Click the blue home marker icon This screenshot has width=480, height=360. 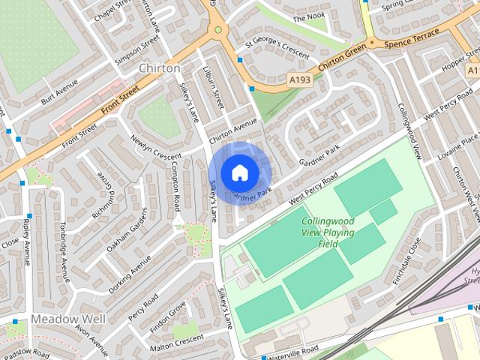239,172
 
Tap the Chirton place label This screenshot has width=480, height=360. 160,68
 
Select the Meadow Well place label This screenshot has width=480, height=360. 68,319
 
